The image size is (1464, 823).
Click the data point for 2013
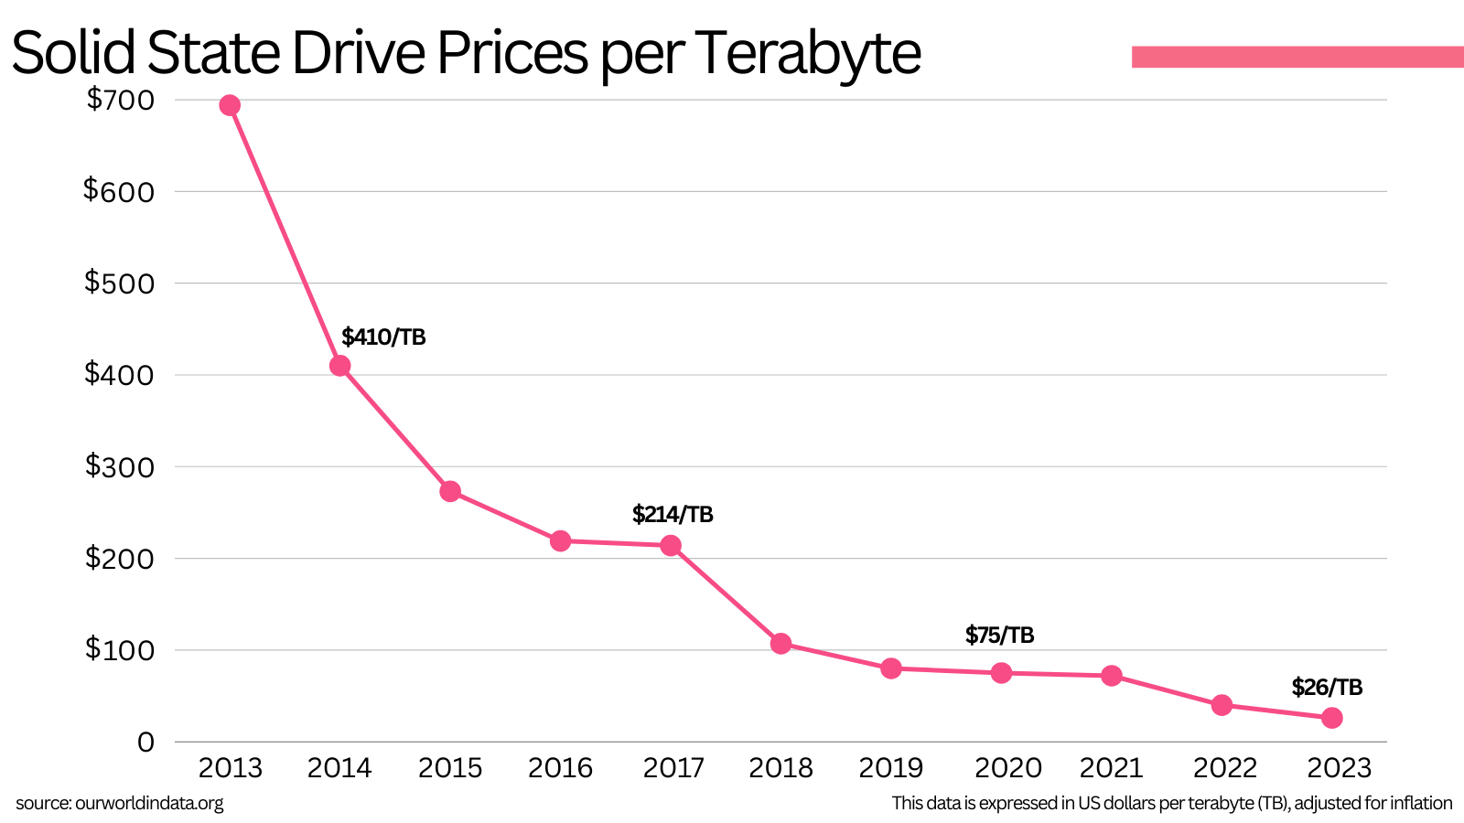pyautogui.click(x=230, y=105)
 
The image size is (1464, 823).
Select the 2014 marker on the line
pyautogui.click(x=339, y=366)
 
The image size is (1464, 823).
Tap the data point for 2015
pyautogui.click(x=450, y=491)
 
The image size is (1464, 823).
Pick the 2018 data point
pyautogui.click(x=780, y=644)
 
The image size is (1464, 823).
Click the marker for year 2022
pyautogui.click(x=1222, y=705)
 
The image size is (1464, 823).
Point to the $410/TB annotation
pyautogui.click(x=383, y=337)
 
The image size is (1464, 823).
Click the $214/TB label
pyautogui.click(x=673, y=515)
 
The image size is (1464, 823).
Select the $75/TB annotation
pyautogui.click(x=999, y=636)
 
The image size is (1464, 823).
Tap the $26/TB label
pyautogui.click(x=1327, y=688)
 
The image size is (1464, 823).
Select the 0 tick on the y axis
pyautogui.click(x=145, y=742)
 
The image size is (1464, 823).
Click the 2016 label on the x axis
pyautogui.click(x=560, y=768)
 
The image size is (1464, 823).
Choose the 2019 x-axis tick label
pyautogui.click(x=890, y=768)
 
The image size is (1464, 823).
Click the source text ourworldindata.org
pyautogui.click(x=149, y=804)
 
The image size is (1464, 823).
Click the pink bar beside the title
pyautogui.click(x=1297, y=57)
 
